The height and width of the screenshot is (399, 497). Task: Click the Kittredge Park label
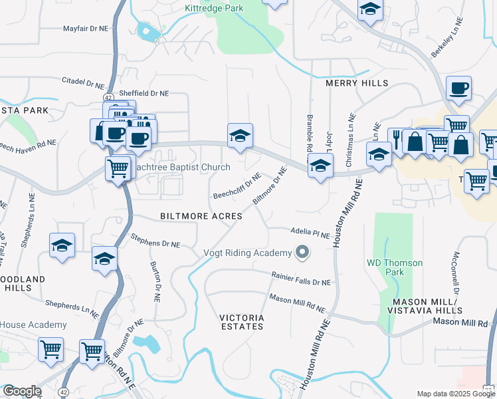point(214,8)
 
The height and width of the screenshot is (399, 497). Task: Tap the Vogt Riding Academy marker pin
point(303,252)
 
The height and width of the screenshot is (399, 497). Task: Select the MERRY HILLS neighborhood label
point(356,83)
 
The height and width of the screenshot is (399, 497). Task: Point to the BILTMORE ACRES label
point(201,216)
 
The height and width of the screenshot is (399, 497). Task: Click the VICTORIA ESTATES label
point(242,323)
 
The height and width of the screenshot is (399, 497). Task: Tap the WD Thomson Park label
point(395,267)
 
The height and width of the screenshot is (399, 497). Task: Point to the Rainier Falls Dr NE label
point(300,279)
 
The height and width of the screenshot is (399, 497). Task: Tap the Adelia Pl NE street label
point(310,233)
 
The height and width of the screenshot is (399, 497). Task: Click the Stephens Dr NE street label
point(155,240)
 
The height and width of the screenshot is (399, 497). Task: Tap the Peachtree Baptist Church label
point(181,168)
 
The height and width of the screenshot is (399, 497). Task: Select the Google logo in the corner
point(21,391)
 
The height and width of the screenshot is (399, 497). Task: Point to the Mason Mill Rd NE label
point(297,304)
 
